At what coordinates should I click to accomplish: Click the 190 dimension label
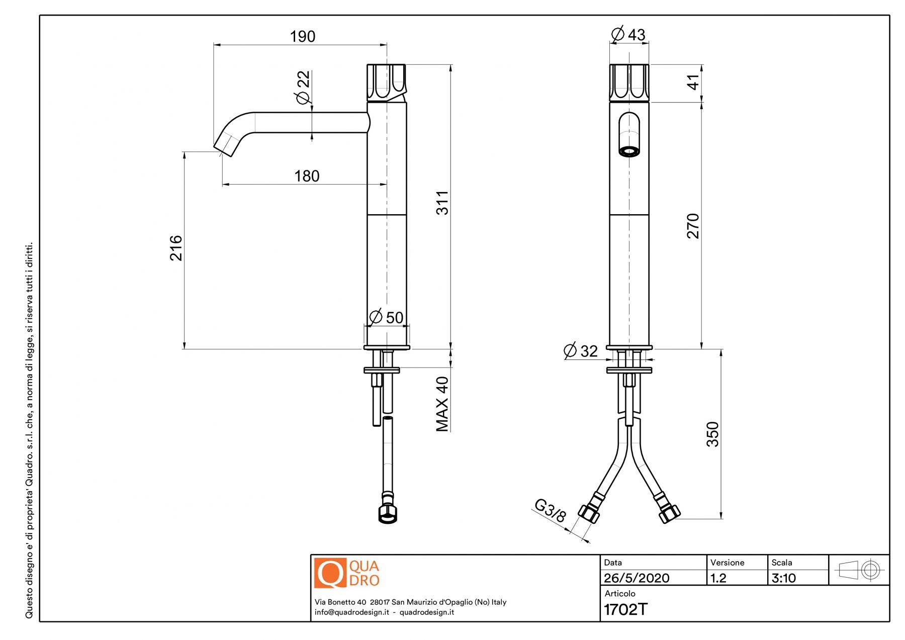click(x=302, y=37)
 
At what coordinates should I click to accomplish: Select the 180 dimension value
click(x=307, y=176)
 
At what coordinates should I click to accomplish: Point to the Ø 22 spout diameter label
click(x=303, y=87)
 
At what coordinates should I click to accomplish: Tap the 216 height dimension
click(x=176, y=248)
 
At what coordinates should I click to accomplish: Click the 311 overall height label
click(x=442, y=203)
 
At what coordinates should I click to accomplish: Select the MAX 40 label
click(x=442, y=404)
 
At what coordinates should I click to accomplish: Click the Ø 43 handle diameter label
click(x=628, y=35)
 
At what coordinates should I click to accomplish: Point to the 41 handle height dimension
click(x=693, y=82)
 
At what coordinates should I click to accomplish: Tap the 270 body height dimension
click(x=693, y=226)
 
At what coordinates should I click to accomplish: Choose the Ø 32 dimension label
click(x=581, y=350)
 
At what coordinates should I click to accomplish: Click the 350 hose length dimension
click(x=712, y=434)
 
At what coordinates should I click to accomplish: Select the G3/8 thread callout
click(x=550, y=510)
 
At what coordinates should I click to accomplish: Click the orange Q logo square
click(x=330, y=573)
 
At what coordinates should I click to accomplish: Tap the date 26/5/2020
click(x=637, y=578)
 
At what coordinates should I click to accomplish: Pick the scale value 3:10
click(x=783, y=578)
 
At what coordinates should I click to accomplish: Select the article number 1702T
click(x=625, y=609)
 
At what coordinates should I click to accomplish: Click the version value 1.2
click(x=718, y=578)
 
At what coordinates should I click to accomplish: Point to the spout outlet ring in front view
click(x=629, y=151)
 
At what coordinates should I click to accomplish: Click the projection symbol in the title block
click(x=859, y=570)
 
